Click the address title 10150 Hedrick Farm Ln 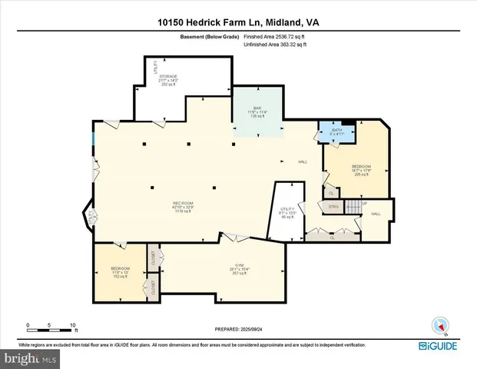point(238,22)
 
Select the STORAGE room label point(168,77)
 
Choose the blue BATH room point(336,132)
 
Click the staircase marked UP point(353,207)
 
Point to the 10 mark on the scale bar point(73,325)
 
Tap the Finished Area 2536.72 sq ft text point(275,37)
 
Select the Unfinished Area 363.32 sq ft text point(275,45)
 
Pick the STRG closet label point(333,206)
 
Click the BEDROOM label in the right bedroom point(361,167)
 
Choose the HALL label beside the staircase point(376,214)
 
